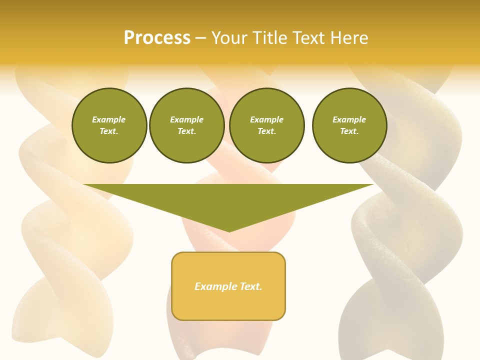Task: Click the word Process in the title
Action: point(157,38)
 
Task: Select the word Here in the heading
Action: point(349,38)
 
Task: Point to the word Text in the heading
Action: point(309,38)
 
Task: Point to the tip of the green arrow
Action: point(229,230)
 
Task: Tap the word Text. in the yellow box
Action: point(250,286)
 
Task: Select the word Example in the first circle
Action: point(109,119)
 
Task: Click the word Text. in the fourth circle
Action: point(349,131)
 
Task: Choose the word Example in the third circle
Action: point(266,119)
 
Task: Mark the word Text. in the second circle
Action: point(186,131)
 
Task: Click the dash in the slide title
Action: point(200,38)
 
